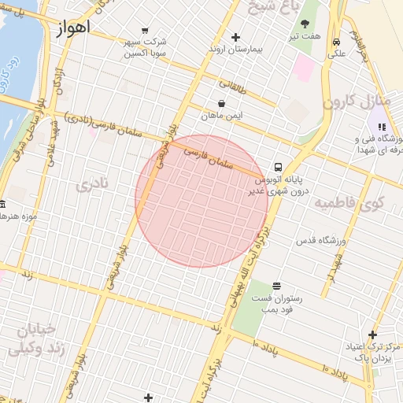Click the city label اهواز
(74, 28)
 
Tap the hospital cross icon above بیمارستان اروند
(235, 37)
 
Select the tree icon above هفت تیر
(305, 24)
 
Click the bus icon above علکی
(336, 43)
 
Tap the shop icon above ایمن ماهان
(220, 103)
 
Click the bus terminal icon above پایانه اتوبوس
(277, 167)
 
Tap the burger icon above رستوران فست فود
(275, 286)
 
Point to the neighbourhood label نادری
(95, 186)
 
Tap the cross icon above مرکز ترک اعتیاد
(372, 335)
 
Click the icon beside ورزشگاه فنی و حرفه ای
(382, 126)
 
